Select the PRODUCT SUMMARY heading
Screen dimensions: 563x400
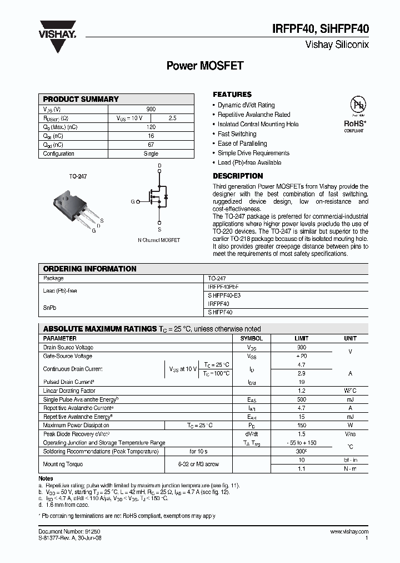[x=81, y=99]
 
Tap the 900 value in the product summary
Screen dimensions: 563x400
[x=151, y=109]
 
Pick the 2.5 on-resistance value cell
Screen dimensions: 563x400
[x=172, y=118]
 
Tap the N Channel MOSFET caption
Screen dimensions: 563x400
[x=158, y=240]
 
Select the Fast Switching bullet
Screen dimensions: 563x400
[x=237, y=134]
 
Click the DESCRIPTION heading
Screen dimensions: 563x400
[x=238, y=176]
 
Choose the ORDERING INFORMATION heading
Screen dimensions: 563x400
[x=89, y=269]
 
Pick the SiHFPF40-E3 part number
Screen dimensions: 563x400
[x=224, y=295]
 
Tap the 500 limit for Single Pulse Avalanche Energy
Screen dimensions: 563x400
[x=301, y=400]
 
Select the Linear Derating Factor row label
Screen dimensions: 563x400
[x=69, y=391]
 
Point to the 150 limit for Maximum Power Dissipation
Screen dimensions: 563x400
[x=301, y=426]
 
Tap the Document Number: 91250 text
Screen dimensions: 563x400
[x=69, y=532]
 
